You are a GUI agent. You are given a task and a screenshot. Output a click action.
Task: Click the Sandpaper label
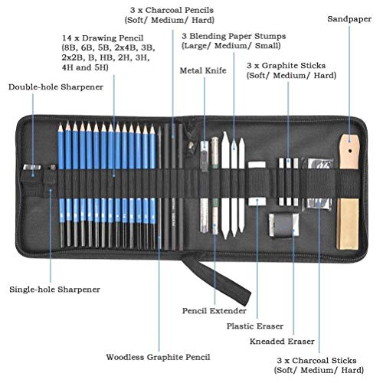349,19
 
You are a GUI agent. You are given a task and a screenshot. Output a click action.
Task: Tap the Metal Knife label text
203,70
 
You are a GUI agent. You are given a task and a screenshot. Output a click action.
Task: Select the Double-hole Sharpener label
56,87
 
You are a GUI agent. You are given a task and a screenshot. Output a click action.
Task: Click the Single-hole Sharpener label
54,290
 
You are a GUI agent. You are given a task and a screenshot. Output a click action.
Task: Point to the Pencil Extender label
214,311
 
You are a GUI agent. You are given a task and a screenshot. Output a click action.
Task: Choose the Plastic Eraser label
255,326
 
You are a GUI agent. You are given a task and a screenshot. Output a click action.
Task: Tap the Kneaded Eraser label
282,342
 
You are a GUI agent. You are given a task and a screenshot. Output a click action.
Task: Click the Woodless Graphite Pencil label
158,357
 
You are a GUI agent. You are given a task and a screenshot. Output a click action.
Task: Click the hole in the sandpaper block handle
350,151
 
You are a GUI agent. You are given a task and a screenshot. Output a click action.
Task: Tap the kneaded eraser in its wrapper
283,224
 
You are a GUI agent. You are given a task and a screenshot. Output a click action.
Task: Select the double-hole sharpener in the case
32,168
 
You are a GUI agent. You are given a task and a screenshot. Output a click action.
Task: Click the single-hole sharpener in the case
52,167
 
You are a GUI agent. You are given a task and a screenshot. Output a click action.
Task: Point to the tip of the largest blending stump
224,133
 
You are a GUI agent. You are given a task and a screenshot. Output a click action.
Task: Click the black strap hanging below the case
217,280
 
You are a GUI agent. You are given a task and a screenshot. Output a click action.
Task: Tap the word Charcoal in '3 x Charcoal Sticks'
309,360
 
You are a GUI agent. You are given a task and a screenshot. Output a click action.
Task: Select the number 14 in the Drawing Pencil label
67,38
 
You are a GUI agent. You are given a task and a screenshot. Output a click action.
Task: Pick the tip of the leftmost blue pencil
61,125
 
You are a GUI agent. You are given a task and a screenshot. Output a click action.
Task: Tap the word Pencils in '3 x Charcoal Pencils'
199,10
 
